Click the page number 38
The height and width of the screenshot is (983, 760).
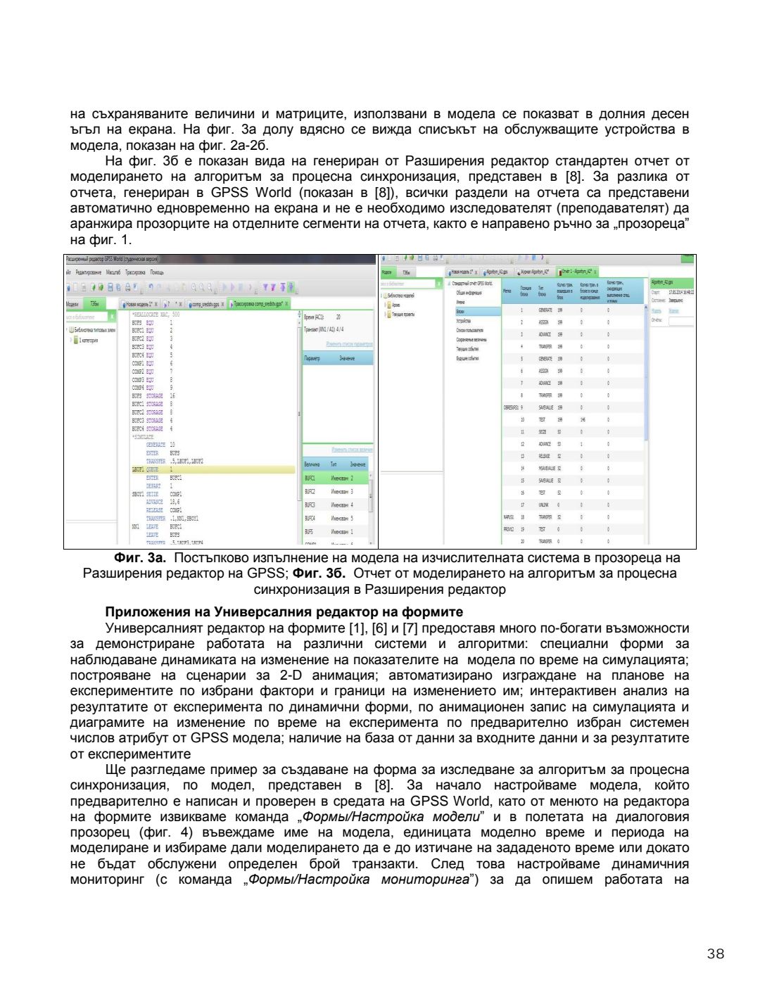pos(715,953)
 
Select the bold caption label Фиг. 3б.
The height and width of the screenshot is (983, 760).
pos(319,573)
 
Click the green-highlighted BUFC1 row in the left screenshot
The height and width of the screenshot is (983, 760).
pos(336,478)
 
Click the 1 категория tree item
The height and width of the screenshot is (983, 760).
pos(88,340)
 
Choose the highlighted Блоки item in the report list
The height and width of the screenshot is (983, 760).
pos(461,311)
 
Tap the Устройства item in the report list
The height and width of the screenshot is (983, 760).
pos(463,320)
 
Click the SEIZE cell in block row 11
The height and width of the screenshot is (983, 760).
pos(545,432)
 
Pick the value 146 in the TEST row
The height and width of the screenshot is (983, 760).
pos(582,419)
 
